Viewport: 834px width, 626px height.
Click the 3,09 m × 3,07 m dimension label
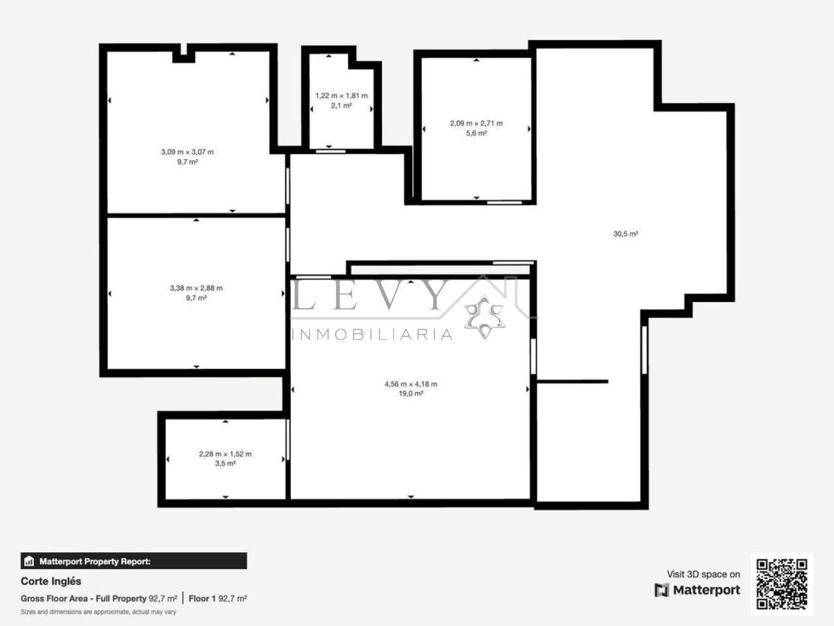187,152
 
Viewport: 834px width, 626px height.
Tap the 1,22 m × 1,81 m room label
341,96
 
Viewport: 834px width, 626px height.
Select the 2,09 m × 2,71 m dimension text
476,123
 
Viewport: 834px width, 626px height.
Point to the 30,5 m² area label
625,234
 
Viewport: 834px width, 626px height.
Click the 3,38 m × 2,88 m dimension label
196,288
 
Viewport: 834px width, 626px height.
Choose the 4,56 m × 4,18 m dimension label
411,384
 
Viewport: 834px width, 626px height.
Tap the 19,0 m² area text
411,393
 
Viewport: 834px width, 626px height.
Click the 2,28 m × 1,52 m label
226,454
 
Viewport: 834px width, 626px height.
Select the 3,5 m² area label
226,464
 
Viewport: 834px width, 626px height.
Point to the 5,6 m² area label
476,133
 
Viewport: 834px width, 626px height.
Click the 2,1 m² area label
341,106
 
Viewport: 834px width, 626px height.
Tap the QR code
782,584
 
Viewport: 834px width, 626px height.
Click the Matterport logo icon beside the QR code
661,590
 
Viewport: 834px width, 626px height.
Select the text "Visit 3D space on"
704,574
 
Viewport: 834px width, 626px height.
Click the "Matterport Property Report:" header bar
134,561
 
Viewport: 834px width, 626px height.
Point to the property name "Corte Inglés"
51,581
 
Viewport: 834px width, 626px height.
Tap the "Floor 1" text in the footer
202,598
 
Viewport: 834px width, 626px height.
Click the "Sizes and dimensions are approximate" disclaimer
98,612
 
